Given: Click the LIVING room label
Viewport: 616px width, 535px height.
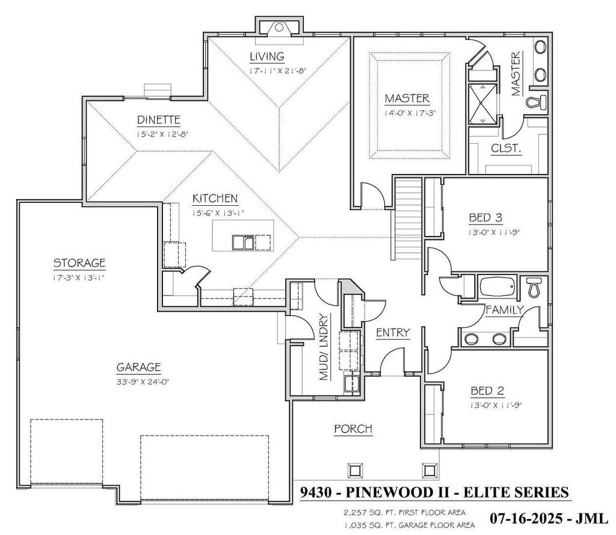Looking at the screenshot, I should click(267, 57).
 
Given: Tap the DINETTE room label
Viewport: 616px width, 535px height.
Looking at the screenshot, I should click(158, 120).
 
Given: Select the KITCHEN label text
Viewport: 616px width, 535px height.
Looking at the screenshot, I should click(215, 198).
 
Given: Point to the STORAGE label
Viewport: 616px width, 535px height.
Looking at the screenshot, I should click(79, 262).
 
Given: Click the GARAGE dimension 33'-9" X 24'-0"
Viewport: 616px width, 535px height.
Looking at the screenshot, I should click(140, 381).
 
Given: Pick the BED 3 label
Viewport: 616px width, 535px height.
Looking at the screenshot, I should click(485, 217).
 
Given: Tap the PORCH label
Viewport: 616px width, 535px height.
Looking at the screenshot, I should click(353, 429).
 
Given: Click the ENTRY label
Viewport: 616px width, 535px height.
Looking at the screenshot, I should click(393, 332).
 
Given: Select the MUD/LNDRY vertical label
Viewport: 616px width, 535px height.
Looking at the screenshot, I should click(324, 347).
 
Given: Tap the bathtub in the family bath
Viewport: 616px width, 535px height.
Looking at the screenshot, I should click(497, 286).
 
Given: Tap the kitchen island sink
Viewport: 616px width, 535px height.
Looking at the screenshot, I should click(243, 241).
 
